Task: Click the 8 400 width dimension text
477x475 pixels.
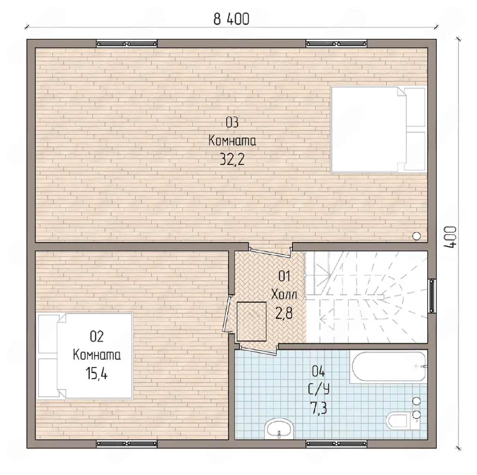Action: (231, 19)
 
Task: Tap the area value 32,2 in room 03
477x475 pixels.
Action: (232, 159)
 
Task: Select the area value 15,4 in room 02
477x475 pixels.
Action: (97, 373)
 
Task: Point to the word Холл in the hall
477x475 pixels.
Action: (284, 294)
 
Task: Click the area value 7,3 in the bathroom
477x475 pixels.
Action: (319, 408)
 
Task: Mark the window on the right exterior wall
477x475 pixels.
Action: (432, 296)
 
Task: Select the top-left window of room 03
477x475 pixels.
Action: (126, 44)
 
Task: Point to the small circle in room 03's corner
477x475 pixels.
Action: (417, 236)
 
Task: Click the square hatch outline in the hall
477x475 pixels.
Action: (252, 322)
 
